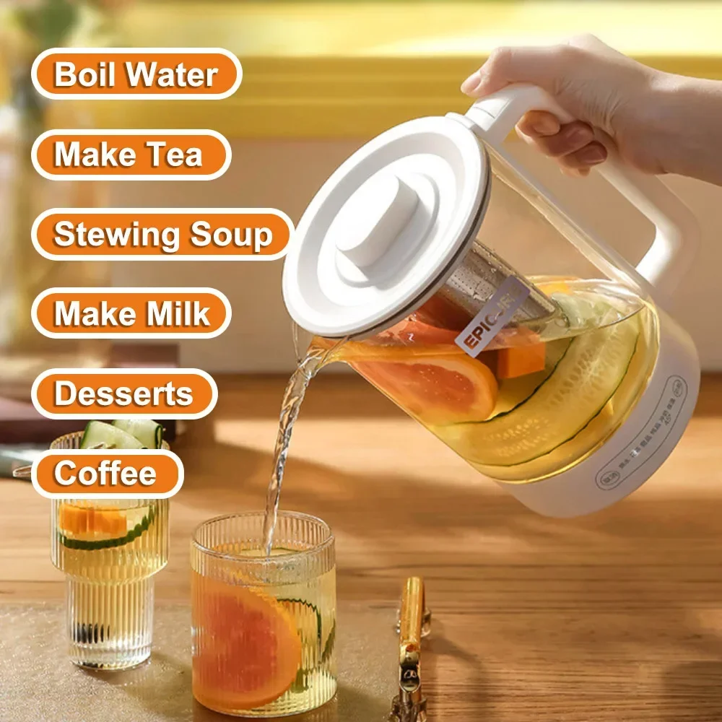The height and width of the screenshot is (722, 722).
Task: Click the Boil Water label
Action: point(136,75)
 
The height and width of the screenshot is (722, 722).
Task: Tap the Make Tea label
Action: point(129,155)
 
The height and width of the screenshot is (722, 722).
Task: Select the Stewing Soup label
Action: point(162,235)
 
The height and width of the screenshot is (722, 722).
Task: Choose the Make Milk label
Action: point(131,314)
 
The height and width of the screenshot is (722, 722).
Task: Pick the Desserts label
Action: point(123,393)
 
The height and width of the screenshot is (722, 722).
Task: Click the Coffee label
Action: point(105,473)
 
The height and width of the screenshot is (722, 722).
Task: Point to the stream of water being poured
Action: point(285,440)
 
